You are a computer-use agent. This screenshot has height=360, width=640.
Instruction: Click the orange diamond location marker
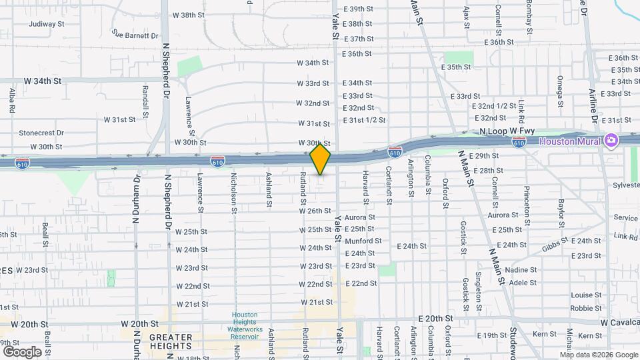pos(321,159)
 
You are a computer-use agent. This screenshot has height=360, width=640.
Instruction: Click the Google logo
pos(22,351)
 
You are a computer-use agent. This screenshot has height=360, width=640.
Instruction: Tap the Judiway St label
pos(46,24)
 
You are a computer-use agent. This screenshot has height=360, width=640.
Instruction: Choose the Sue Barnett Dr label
pos(135,35)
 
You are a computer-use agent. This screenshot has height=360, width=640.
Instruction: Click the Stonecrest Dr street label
pos(41,133)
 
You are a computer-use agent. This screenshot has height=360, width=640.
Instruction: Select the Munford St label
pos(363,241)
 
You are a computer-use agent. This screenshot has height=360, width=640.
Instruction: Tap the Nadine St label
pos(522,270)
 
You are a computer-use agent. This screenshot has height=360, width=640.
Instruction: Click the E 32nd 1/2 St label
pos(494,106)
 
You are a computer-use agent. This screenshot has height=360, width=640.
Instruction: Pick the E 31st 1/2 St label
pos(364,120)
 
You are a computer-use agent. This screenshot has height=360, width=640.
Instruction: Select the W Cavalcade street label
pos(619,323)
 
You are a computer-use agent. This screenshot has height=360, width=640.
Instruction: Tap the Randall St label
pos(145,97)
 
